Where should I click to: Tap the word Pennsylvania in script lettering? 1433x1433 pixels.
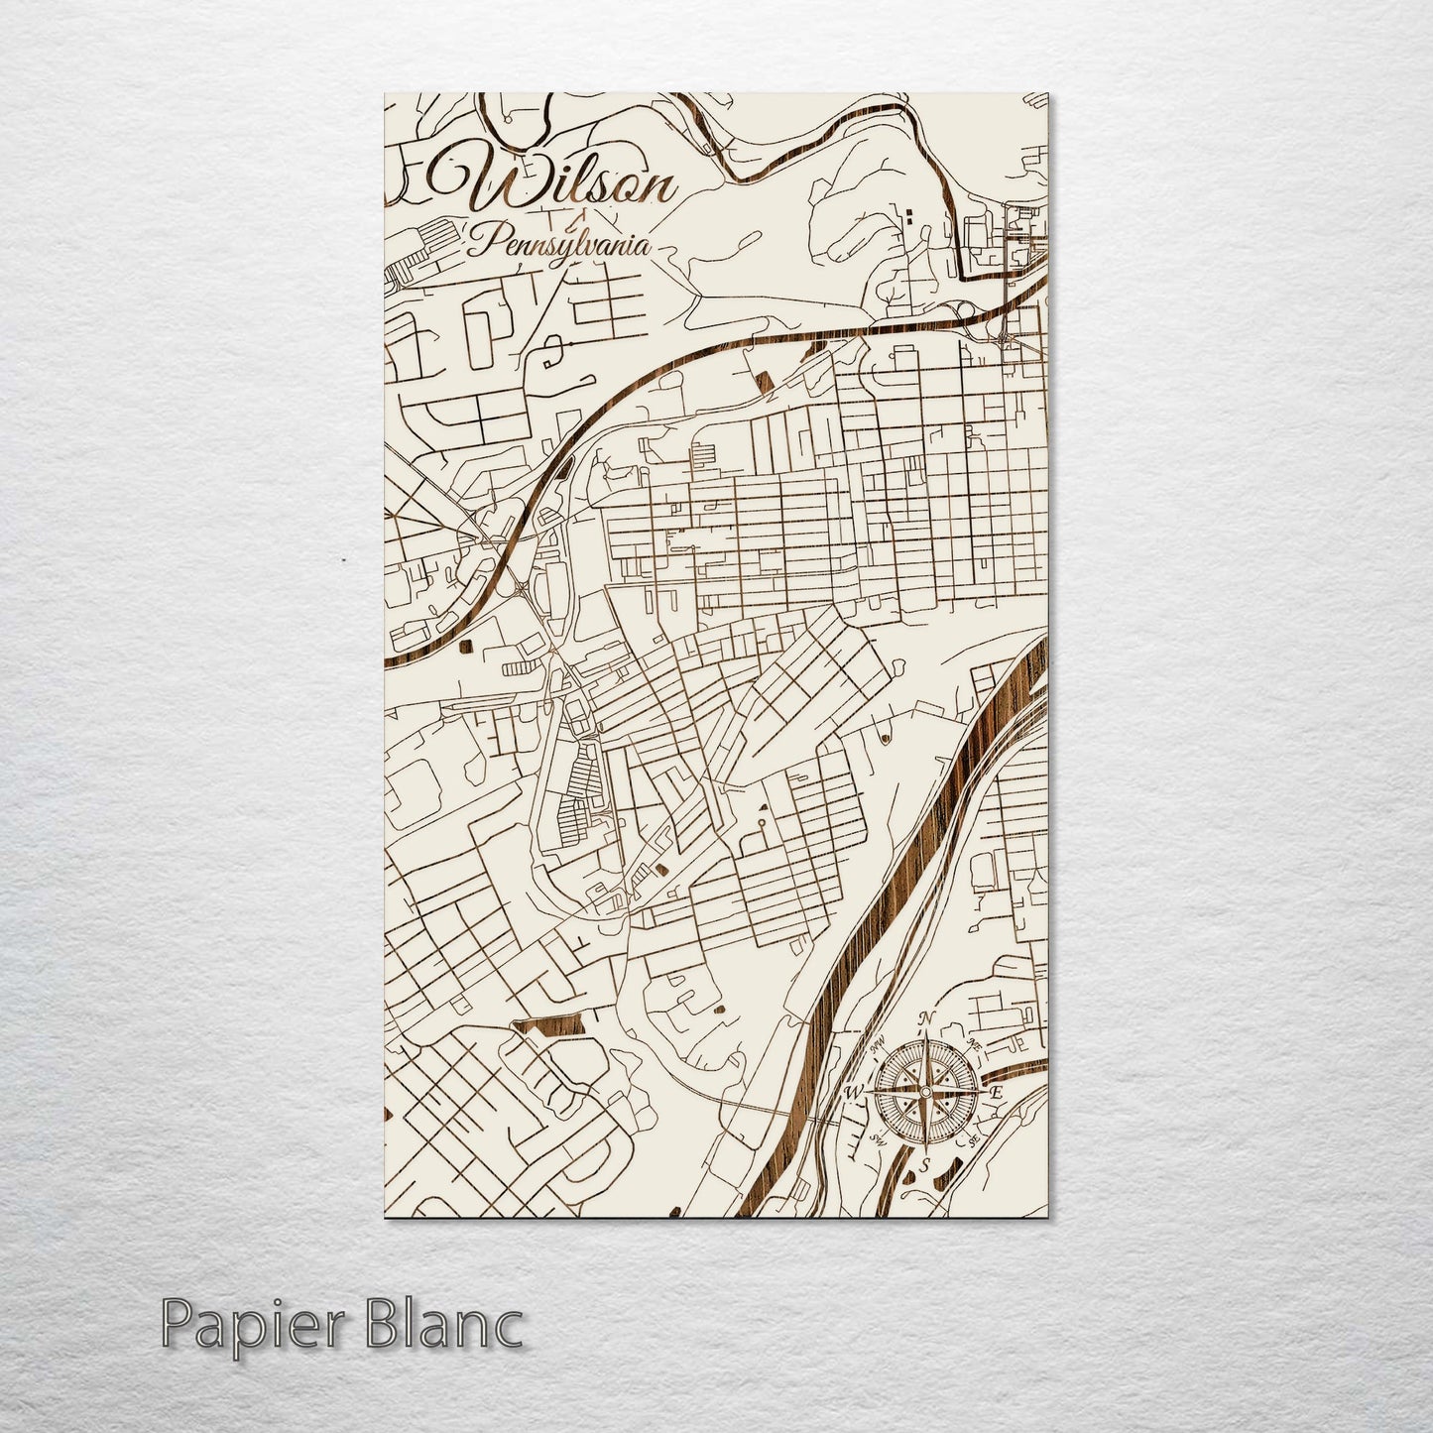point(560,242)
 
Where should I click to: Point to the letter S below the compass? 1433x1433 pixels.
point(924,1165)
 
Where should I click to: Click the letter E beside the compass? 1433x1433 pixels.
point(999,1092)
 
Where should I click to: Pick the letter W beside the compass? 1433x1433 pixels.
point(852,1093)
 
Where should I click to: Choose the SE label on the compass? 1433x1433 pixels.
point(975,1140)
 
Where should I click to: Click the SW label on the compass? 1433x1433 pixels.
point(877,1139)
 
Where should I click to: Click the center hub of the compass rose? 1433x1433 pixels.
point(925,1092)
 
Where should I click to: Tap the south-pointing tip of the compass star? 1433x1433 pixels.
point(925,1150)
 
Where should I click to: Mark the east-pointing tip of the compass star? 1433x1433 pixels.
point(984,1092)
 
